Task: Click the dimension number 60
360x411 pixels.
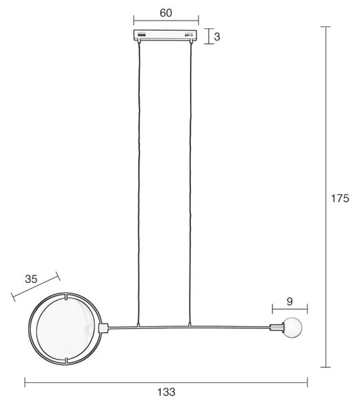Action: coord(166,13)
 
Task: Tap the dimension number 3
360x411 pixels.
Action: coord(217,37)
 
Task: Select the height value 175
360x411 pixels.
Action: coord(340,198)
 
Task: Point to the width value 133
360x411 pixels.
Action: coord(166,392)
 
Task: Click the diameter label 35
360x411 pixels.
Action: coord(31,279)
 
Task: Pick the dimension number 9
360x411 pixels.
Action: coord(290,301)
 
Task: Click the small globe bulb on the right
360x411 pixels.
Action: coord(293,327)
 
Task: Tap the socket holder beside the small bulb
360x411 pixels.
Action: coord(277,327)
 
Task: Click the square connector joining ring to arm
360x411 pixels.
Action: coord(103,328)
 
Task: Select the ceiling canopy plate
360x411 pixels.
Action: coord(166,35)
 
